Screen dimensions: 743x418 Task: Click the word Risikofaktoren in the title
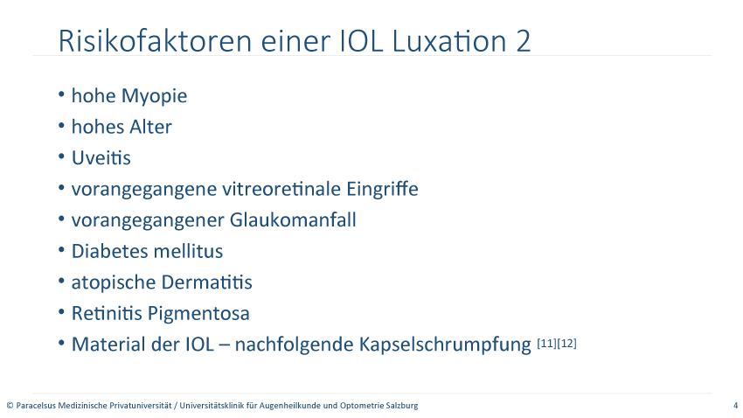155,41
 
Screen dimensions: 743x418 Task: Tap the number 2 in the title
523,41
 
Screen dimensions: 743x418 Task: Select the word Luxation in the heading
450,41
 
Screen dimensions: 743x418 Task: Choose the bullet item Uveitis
101,157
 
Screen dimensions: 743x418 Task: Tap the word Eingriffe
382,190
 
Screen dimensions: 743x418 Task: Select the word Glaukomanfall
293,220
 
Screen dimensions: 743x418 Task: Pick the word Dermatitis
207,282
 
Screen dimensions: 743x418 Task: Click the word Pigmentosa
198,314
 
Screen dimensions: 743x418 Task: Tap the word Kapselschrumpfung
445,345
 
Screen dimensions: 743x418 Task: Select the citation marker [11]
547,343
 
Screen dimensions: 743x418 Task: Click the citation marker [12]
566,343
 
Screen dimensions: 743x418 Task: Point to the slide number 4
735,406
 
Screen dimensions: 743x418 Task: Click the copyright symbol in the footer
10,406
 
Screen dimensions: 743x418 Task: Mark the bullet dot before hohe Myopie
61,94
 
